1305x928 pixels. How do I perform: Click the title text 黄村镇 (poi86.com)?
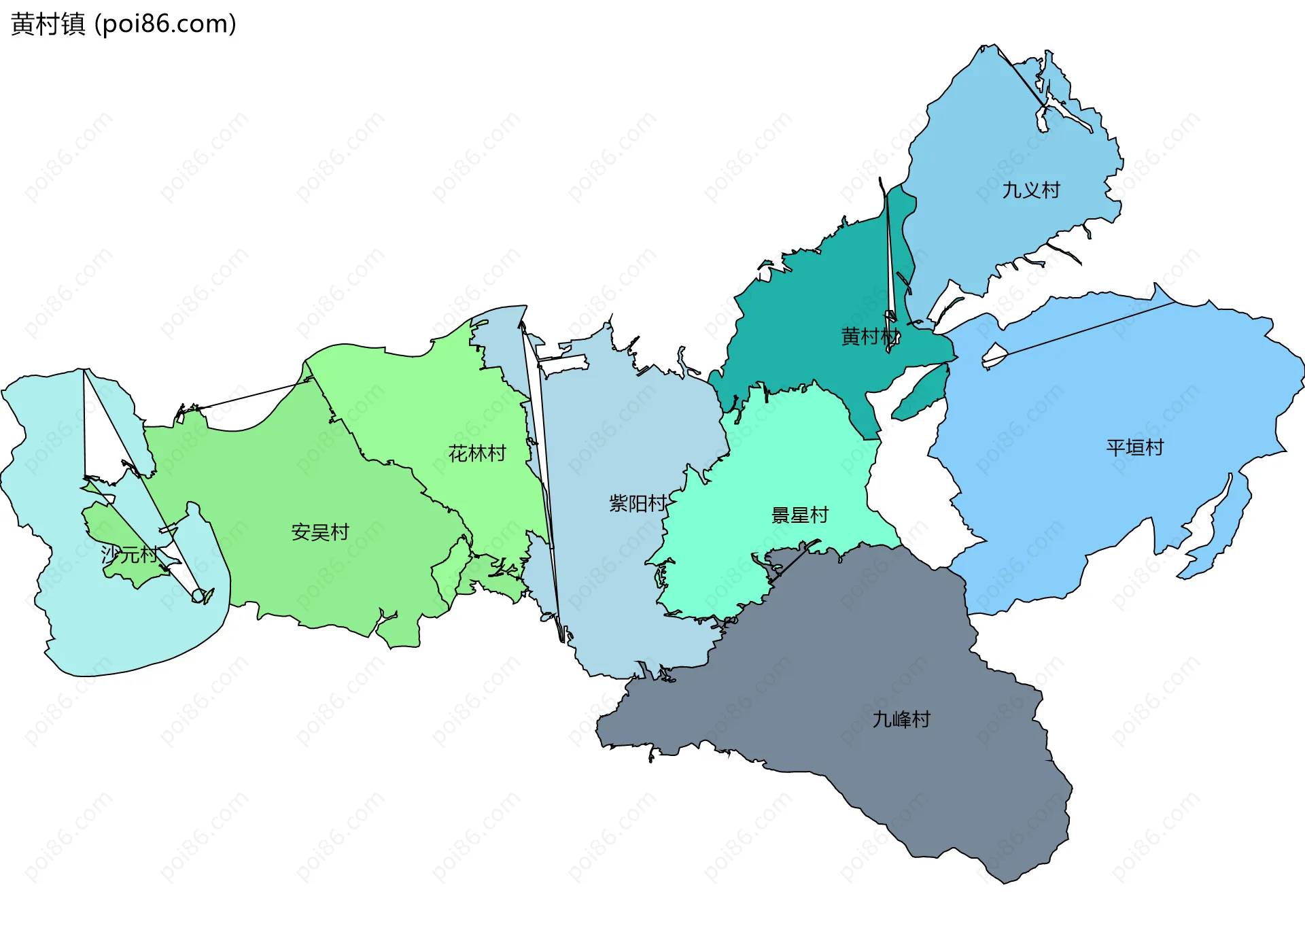[123, 24]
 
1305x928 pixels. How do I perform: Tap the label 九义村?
[1031, 190]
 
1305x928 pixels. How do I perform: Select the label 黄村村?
[870, 337]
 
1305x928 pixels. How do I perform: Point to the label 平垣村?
[1134, 447]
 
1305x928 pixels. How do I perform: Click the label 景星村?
[799, 515]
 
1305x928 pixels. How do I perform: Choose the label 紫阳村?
[638, 504]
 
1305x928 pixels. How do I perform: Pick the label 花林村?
[477, 453]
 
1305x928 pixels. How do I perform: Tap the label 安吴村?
[319, 532]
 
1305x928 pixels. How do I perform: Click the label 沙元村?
[129, 555]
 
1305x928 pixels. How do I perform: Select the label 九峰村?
[901, 719]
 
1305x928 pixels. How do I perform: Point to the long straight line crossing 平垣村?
[1087, 329]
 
